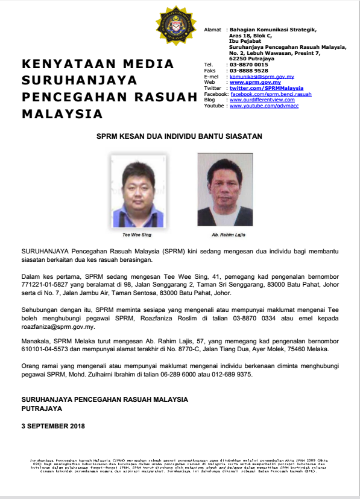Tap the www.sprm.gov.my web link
tap(255, 82)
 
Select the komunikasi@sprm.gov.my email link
tap(261, 77)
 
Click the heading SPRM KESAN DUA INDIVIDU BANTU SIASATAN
tap(180, 137)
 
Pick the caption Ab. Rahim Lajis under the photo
tap(225, 234)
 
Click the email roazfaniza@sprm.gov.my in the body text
tap(58, 327)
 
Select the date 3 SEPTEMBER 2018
tap(53, 426)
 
